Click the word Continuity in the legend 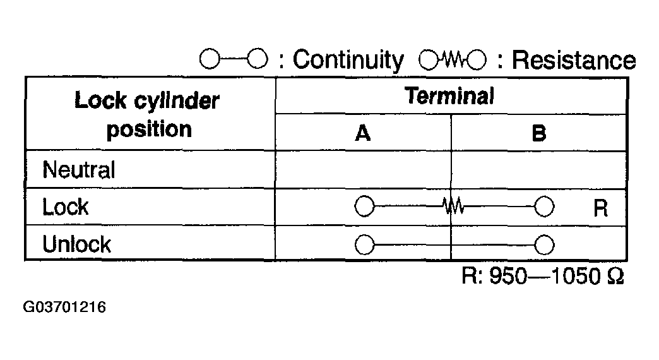tap(348, 60)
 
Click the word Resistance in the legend tap(573, 60)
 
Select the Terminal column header tap(449, 96)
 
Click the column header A tap(363, 133)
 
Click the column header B tap(538, 133)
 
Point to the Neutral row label tap(79, 170)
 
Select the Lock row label tap(66, 207)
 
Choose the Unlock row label tap(76, 244)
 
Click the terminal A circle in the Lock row tap(365, 207)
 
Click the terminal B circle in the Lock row tap(544, 207)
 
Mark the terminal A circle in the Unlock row tap(365, 244)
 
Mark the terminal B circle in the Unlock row tap(544, 244)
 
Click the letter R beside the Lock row tap(600, 208)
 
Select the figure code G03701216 tap(64, 308)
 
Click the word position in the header tap(149, 129)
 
